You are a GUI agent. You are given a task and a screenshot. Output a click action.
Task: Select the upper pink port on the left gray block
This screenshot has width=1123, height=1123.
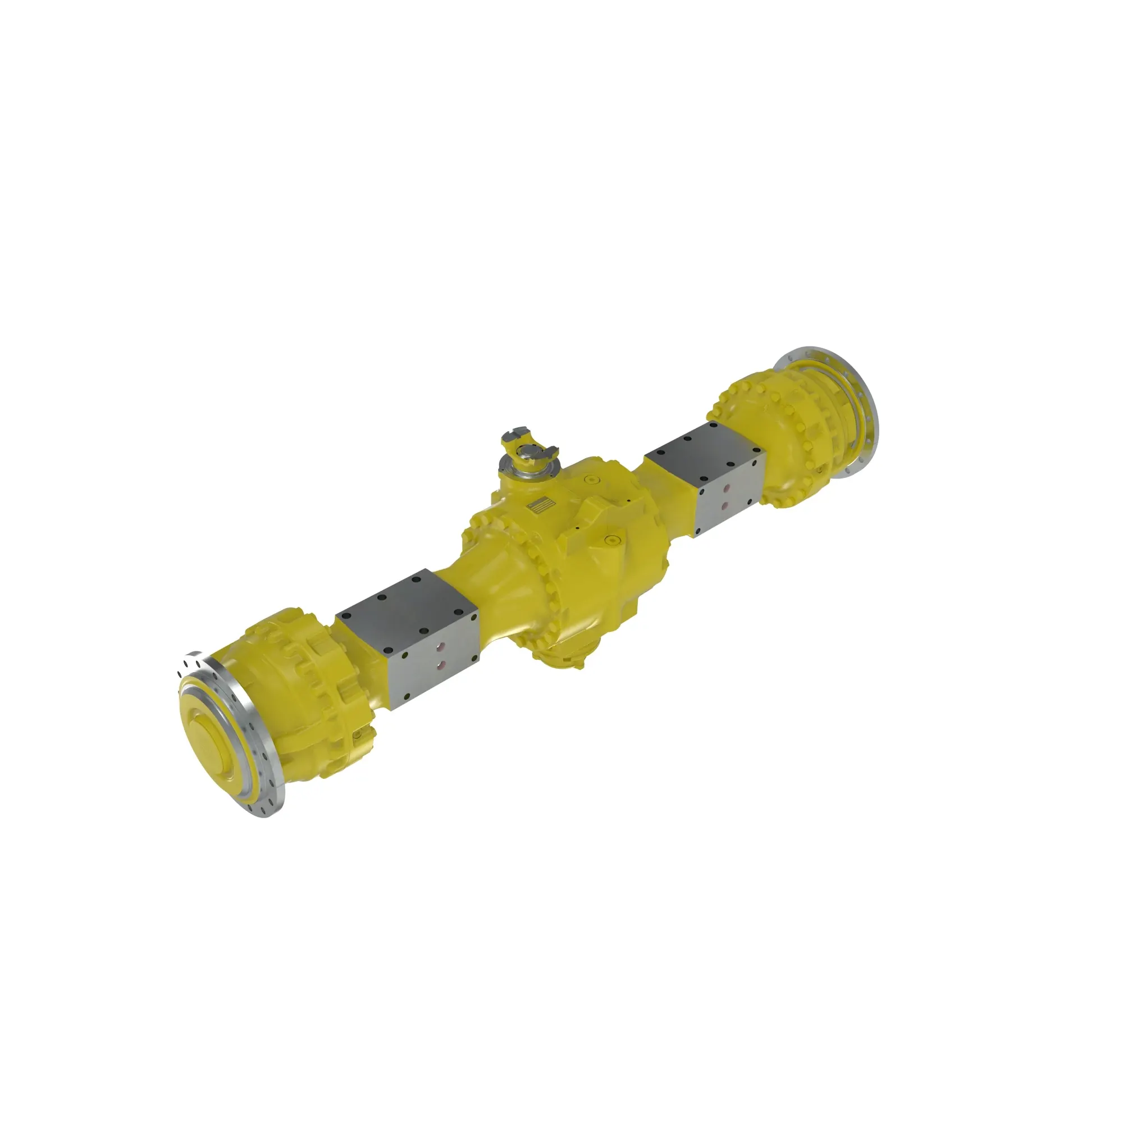[441, 646]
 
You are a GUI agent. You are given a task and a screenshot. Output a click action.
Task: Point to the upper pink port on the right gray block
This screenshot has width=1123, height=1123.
[725, 490]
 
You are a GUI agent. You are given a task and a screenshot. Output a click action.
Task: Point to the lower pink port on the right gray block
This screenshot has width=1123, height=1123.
[725, 506]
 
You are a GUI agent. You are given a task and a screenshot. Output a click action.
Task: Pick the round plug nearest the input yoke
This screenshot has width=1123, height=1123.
[592, 480]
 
